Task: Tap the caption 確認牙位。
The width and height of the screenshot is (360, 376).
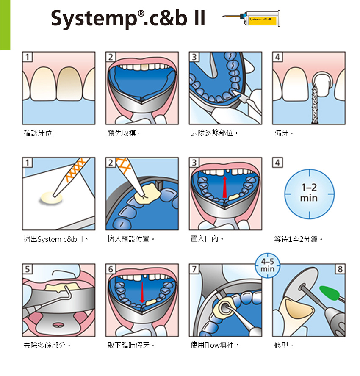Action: click(41, 133)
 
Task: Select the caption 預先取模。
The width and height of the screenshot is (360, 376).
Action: click(124, 133)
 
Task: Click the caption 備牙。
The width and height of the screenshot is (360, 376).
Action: click(284, 133)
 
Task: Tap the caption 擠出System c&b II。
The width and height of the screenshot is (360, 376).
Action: click(55, 240)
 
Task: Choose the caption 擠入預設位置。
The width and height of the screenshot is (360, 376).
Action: click(131, 240)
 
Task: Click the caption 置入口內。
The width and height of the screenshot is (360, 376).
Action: click(207, 239)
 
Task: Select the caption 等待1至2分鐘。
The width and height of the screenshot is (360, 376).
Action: click(299, 240)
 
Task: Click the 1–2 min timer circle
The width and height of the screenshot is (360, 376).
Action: click(309, 194)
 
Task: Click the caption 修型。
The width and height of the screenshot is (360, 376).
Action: click(284, 346)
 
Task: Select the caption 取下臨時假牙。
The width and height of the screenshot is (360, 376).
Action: click(131, 346)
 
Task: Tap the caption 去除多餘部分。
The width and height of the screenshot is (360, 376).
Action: click(47, 346)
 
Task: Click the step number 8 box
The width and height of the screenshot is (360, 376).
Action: click(340, 269)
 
